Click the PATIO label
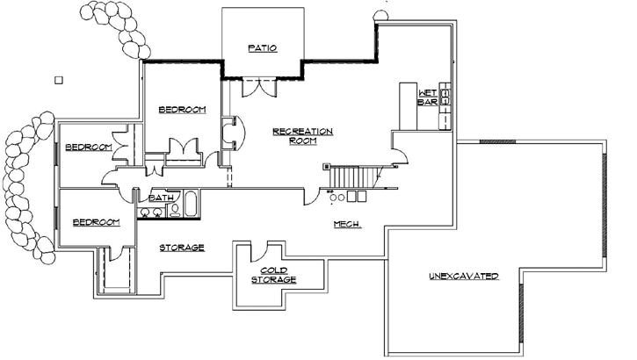[x=263, y=48]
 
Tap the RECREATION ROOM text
[x=302, y=135]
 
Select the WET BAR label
[x=427, y=97]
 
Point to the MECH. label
[x=348, y=224]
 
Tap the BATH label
[x=160, y=198]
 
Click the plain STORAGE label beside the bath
[x=184, y=248]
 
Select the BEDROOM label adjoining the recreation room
[x=182, y=109]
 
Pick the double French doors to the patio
[x=257, y=87]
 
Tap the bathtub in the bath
[x=189, y=209]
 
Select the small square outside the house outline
[x=59, y=80]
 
